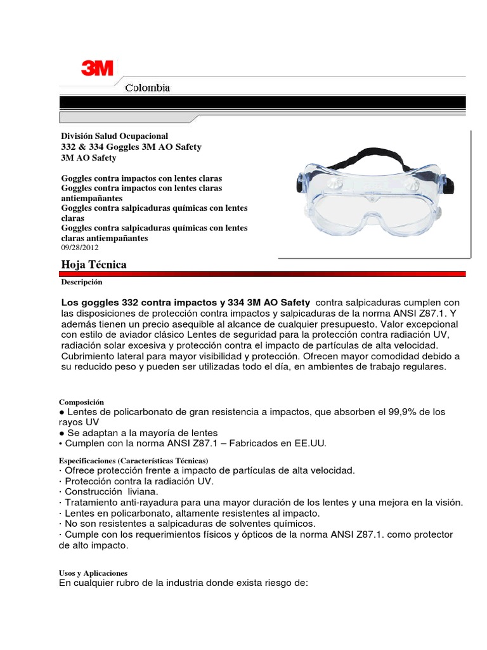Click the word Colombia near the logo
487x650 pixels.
[x=147, y=88]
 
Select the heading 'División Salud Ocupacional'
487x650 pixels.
[x=114, y=136]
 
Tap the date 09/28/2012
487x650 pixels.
[x=81, y=248]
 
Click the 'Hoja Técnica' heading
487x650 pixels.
[x=93, y=264]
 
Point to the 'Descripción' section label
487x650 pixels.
[x=81, y=281]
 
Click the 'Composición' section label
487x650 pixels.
[x=81, y=402]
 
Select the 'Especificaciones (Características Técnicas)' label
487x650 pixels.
[x=134, y=460]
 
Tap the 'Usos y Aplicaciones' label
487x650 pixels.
[x=93, y=573]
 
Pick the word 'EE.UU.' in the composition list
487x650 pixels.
[x=309, y=443]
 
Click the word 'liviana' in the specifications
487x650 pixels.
[x=140, y=491]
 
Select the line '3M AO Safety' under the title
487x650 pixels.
[x=88, y=157]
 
